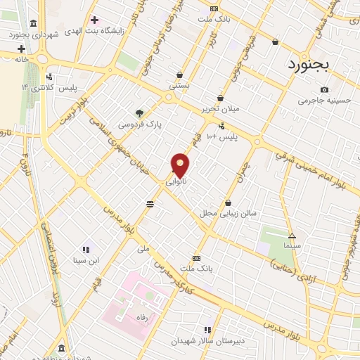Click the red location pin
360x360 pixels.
[x=181, y=165]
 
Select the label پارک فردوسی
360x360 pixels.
[x=139, y=124]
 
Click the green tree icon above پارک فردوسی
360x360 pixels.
[x=139, y=112]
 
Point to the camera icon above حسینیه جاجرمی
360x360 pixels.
[x=324, y=89]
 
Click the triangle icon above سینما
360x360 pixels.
[x=292, y=236]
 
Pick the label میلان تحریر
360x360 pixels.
[x=221, y=109]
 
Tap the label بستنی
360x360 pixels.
[x=179, y=86]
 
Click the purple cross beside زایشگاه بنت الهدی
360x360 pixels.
[x=94, y=19]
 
